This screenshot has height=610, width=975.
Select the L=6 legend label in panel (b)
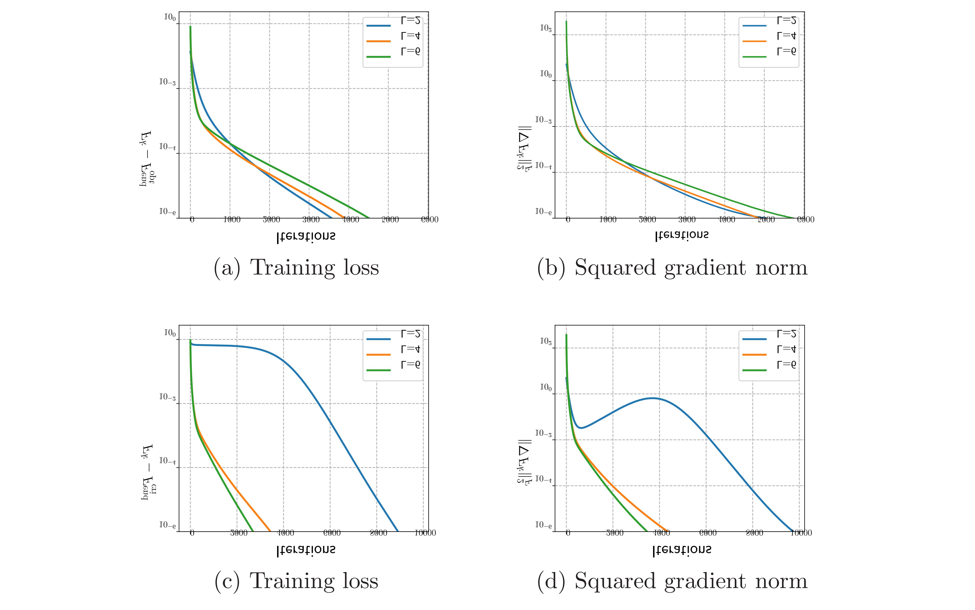point(786,51)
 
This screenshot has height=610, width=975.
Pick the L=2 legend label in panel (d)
point(786,334)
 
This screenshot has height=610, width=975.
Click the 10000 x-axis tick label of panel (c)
point(426,533)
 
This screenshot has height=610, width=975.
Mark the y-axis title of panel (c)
point(148,472)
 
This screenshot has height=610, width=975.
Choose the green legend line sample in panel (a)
point(378,57)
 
